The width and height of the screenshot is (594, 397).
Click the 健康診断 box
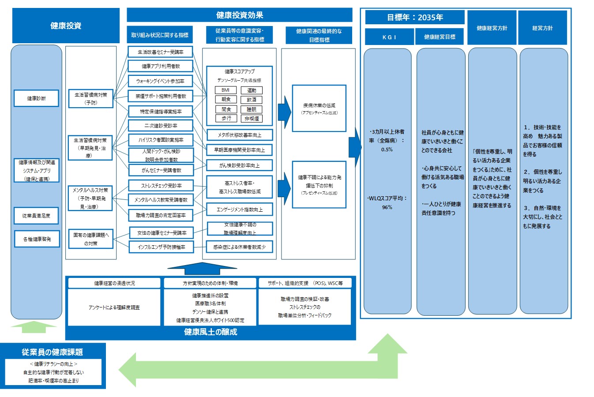(x=36, y=98)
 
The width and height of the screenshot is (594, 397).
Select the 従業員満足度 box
(x=36, y=216)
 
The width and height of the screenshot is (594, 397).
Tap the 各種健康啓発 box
(x=37, y=239)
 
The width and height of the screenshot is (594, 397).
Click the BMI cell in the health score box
(x=226, y=90)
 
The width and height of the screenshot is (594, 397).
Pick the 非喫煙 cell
(x=252, y=118)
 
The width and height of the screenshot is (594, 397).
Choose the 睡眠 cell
(x=252, y=109)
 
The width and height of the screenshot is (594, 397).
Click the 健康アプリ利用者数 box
(x=161, y=66)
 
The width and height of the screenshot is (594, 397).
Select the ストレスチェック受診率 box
(x=161, y=186)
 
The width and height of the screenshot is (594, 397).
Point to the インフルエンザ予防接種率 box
(x=161, y=247)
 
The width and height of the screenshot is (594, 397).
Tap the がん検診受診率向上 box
(x=239, y=165)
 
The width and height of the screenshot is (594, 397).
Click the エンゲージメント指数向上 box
(x=239, y=210)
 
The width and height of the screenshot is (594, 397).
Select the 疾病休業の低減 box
(x=319, y=109)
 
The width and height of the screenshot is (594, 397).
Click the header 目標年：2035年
(x=414, y=18)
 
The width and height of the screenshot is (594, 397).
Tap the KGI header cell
(x=389, y=37)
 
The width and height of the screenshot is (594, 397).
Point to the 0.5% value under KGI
(x=387, y=150)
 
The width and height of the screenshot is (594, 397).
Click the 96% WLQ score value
(x=387, y=207)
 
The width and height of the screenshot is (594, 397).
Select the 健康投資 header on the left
(x=66, y=26)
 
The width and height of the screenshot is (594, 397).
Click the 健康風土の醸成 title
(x=211, y=332)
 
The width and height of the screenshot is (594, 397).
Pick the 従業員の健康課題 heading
(x=53, y=352)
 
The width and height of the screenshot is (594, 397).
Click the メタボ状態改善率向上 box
(x=239, y=135)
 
